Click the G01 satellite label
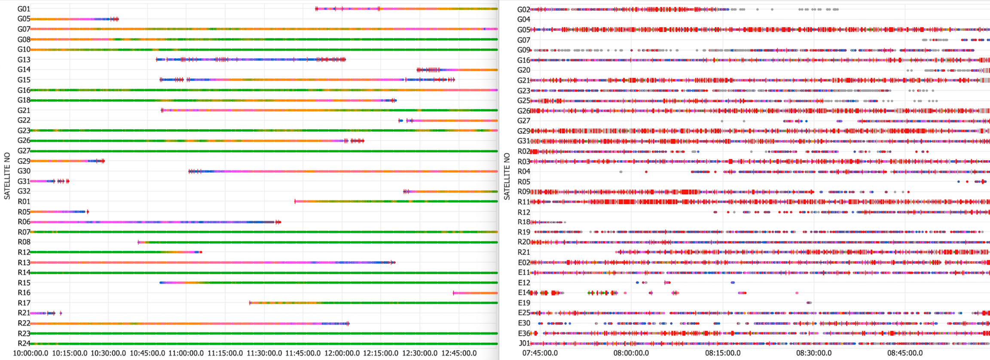point(24,9)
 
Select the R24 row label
point(24,343)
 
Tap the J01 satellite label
point(524,343)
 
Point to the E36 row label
point(524,333)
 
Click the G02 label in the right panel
point(523,9)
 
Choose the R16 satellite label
point(24,293)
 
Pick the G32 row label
point(24,191)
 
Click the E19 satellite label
point(524,303)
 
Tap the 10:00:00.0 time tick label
point(31,353)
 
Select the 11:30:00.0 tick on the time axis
point(264,353)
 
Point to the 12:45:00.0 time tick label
point(459,353)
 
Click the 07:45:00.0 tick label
point(540,353)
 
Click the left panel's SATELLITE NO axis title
point(7,176)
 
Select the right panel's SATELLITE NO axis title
point(507,176)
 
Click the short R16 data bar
point(475,293)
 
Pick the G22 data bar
point(451,121)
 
